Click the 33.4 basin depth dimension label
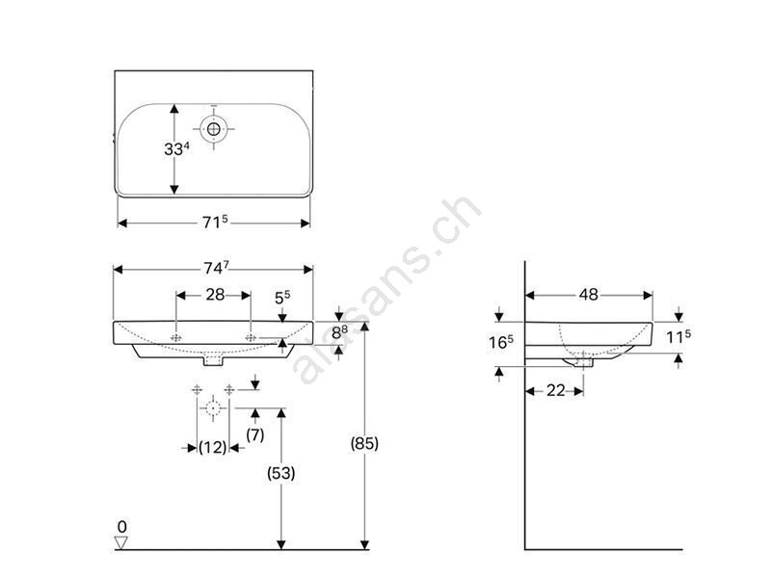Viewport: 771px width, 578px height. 176,148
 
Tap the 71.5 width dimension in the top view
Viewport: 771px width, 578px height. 215,223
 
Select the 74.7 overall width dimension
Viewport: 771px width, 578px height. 216,268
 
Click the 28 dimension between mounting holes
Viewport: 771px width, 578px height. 215,295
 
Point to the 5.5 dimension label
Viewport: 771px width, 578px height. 282,297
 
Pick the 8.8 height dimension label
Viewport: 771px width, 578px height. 339,332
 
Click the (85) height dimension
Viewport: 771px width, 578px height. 364,443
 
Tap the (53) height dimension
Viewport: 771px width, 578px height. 280,473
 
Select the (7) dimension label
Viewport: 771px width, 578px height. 254,434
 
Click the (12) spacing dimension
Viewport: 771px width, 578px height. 212,447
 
